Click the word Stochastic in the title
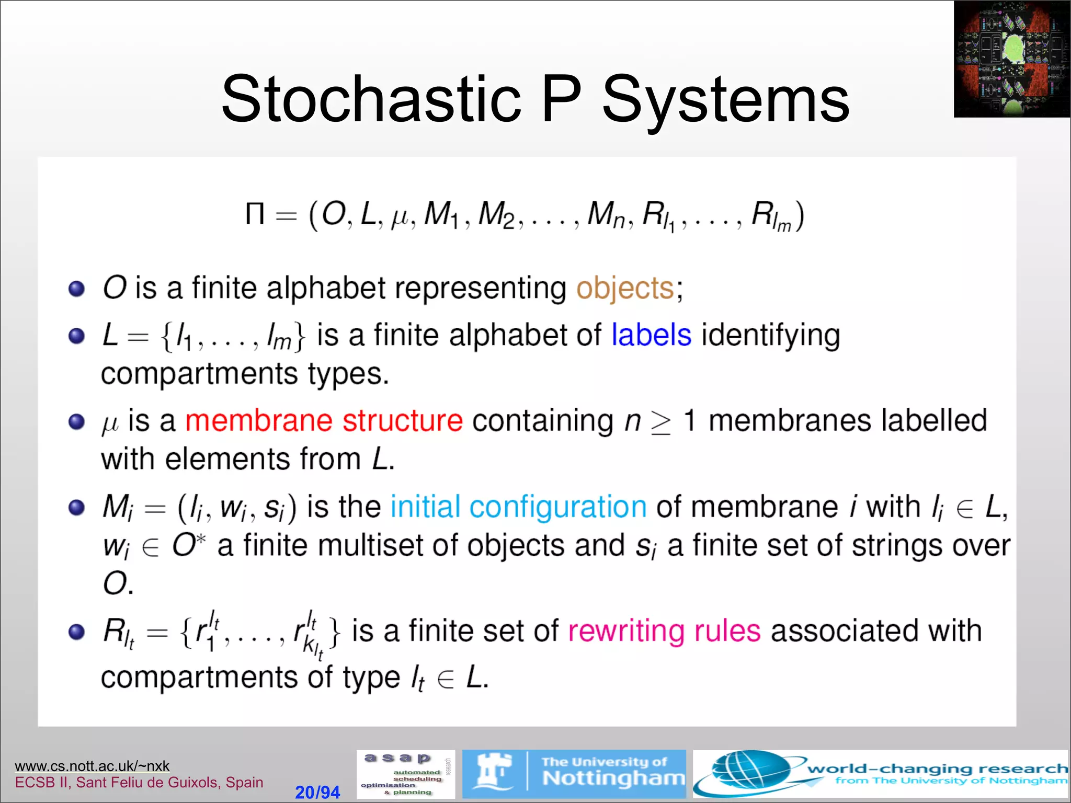[x=370, y=99]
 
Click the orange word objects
[x=625, y=288]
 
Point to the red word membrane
[x=259, y=420]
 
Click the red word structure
[x=403, y=420]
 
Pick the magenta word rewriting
[x=625, y=631]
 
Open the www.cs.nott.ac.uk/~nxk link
[x=92, y=766]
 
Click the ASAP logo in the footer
[x=406, y=774]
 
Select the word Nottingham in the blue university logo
[x=613, y=779]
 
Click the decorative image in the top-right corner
[x=1011, y=59]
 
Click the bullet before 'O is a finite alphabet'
[x=77, y=289]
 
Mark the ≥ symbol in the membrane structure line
[x=660, y=422]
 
